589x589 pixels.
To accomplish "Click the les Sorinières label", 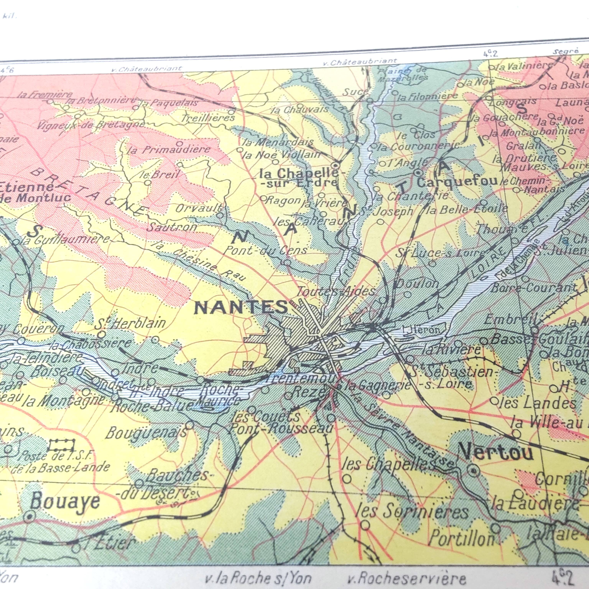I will [x=412, y=512].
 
